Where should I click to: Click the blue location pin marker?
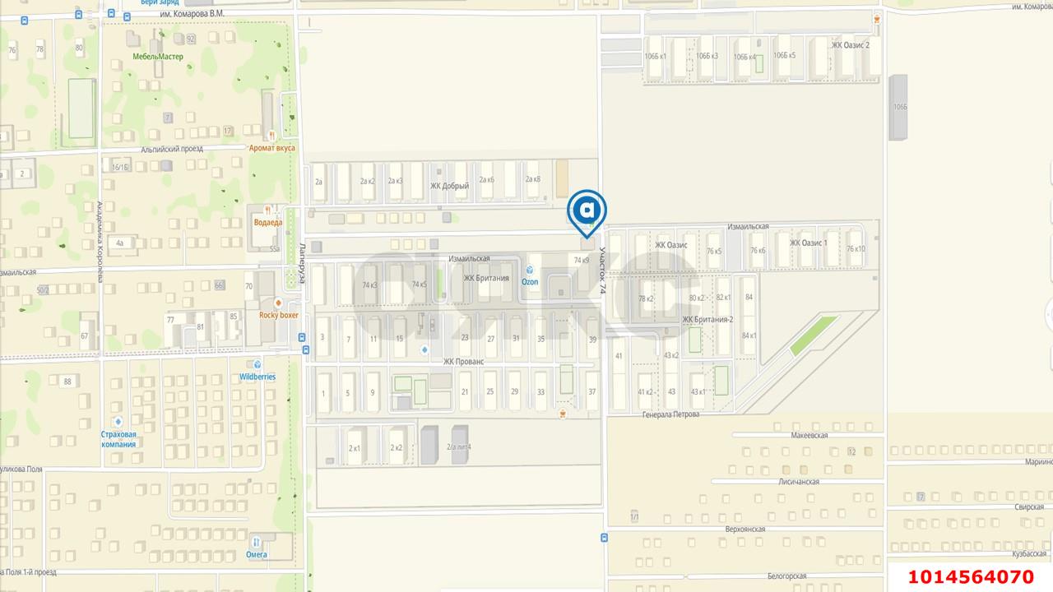pyautogui.click(x=587, y=212)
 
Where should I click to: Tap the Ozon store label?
pyautogui.click(x=530, y=281)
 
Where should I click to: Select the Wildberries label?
pyautogui.click(x=257, y=377)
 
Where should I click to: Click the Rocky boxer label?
pyautogui.click(x=278, y=314)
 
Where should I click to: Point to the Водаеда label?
pyautogui.click(x=268, y=222)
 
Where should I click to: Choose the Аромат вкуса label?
pyautogui.click(x=271, y=148)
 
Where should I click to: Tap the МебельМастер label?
pyautogui.click(x=158, y=57)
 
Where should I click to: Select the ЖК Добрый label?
pyautogui.click(x=449, y=186)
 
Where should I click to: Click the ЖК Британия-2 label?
pyautogui.click(x=707, y=319)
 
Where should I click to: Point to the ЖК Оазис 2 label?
pyautogui.click(x=850, y=45)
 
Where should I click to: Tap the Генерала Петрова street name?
pyautogui.click(x=671, y=414)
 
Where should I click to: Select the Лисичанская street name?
pyautogui.click(x=798, y=482)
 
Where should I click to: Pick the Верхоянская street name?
pyautogui.click(x=745, y=529)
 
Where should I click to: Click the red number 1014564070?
pyautogui.click(x=971, y=576)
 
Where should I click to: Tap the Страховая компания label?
pyautogui.click(x=118, y=439)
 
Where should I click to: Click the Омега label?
pyautogui.click(x=257, y=553)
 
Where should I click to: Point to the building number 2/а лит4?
pyautogui.click(x=459, y=447)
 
